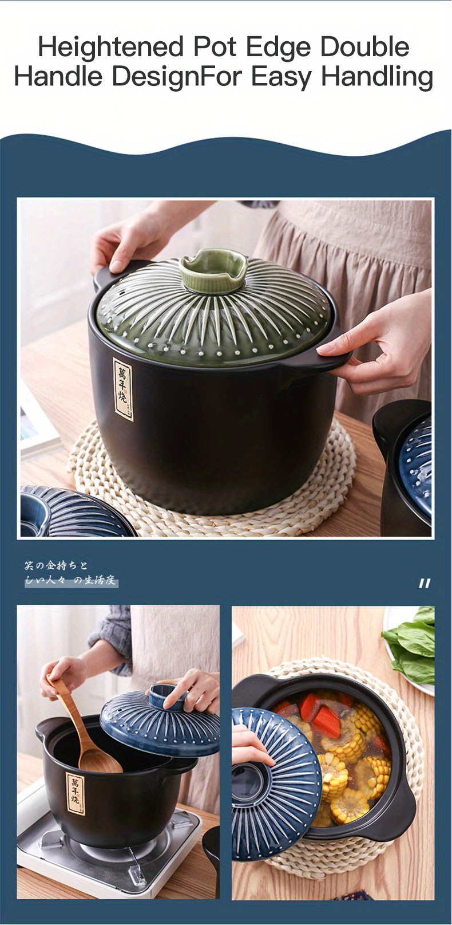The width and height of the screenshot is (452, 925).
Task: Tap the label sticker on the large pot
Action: point(122,389)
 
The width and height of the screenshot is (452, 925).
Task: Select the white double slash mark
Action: point(424,584)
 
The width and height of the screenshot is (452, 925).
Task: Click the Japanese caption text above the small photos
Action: point(70,573)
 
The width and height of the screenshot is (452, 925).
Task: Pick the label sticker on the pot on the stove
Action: point(75,793)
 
